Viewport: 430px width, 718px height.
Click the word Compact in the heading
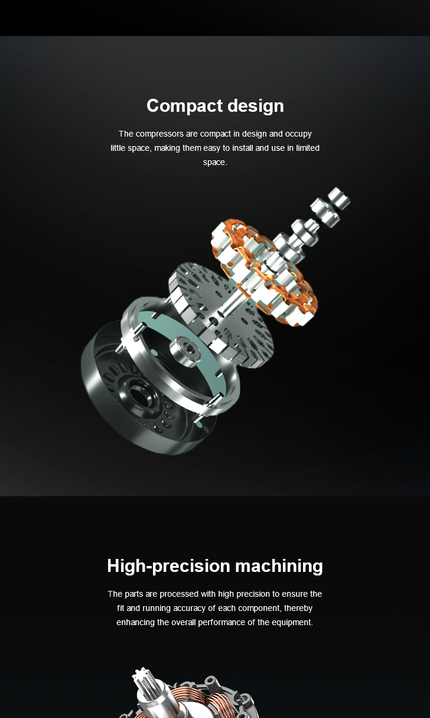(x=184, y=106)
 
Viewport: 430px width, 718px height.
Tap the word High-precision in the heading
(x=168, y=566)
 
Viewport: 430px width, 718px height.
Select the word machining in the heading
(x=279, y=566)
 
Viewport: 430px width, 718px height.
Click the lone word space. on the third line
(x=215, y=163)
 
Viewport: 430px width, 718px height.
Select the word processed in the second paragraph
(x=179, y=594)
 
